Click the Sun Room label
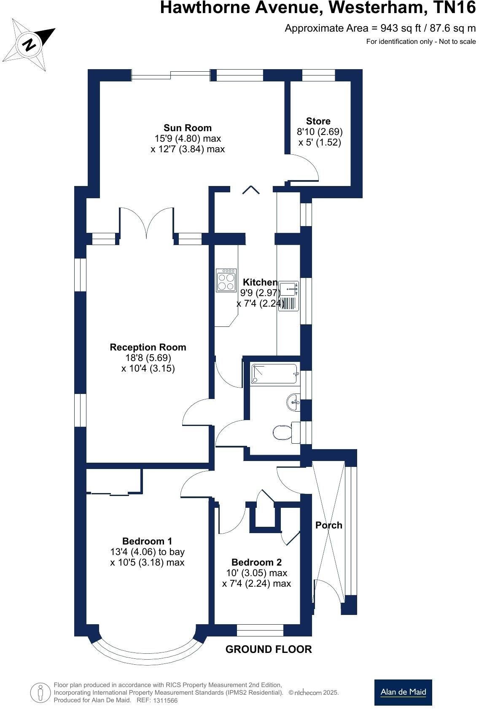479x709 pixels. (188, 128)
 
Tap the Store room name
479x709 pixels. (318, 121)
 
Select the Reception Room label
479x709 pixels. (148, 347)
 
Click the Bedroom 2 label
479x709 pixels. (256, 562)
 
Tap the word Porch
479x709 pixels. (329, 525)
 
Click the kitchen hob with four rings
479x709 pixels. (226, 280)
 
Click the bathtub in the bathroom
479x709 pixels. (274, 374)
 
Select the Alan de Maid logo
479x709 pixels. (403, 692)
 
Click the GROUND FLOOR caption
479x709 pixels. (269, 650)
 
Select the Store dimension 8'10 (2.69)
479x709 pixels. (320, 132)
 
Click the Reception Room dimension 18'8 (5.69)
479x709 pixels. (148, 358)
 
